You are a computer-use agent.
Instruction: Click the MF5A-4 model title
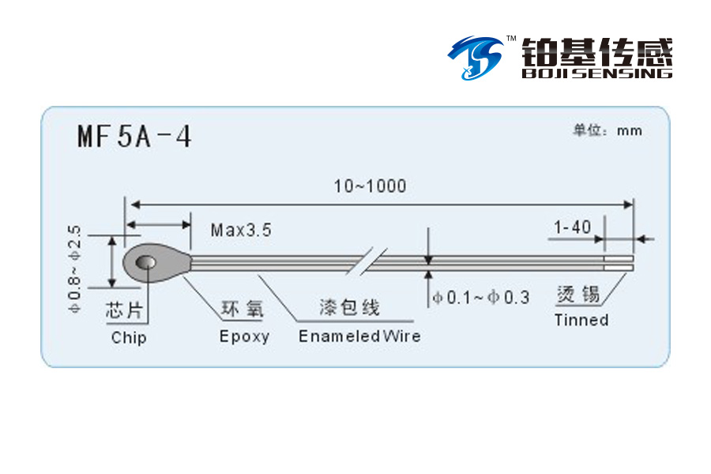(x=134, y=136)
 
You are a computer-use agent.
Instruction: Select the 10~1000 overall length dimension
(x=370, y=186)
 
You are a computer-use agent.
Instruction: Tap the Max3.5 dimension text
(x=241, y=230)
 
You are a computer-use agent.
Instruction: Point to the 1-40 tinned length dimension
(x=572, y=227)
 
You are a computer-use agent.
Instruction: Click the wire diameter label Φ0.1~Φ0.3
(x=481, y=298)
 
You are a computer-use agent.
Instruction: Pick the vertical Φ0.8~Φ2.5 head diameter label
(x=74, y=269)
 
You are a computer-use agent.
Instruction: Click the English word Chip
(x=129, y=338)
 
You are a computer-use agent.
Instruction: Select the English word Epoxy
(x=244, y=337)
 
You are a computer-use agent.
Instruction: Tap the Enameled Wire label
(x=359, y=336)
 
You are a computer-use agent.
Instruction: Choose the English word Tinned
(x=581, y=320)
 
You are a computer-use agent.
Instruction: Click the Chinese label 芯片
(x=124, y=310)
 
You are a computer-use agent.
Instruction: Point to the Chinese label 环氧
(x=243, y=308)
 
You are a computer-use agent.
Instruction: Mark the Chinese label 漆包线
(x=350, y=307)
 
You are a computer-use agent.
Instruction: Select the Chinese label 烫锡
(x=578, y=295)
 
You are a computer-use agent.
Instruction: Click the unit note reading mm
(x=630, y=131)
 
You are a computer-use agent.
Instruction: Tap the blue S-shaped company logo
(x=476, y=58)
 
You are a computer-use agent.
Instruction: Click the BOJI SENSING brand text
(x=597, y=73)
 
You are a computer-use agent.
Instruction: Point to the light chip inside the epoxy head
(x=145, y=262)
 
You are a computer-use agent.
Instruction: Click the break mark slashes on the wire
(x=367, y=261)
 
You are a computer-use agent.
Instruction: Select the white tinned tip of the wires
(x=619, y=263)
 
